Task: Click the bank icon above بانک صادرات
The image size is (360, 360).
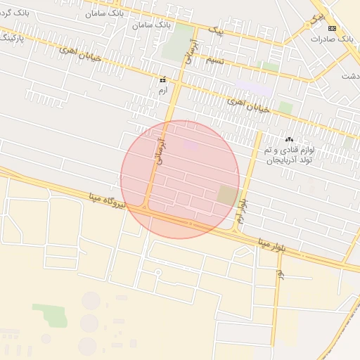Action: click(333, 28)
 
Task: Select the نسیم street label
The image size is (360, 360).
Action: click(215, 60)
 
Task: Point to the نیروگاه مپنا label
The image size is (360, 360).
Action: click(107, 200)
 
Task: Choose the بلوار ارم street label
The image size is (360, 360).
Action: click(241, 210)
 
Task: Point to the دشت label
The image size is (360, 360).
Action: click(349, 75)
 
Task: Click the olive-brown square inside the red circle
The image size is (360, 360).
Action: click(227, 195)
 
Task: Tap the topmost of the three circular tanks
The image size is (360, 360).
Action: click(91, 301)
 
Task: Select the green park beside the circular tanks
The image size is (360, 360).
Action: click(50, 316)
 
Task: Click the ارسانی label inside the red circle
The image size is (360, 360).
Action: click(158, 149)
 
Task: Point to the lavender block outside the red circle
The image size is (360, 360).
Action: click(253, 89)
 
